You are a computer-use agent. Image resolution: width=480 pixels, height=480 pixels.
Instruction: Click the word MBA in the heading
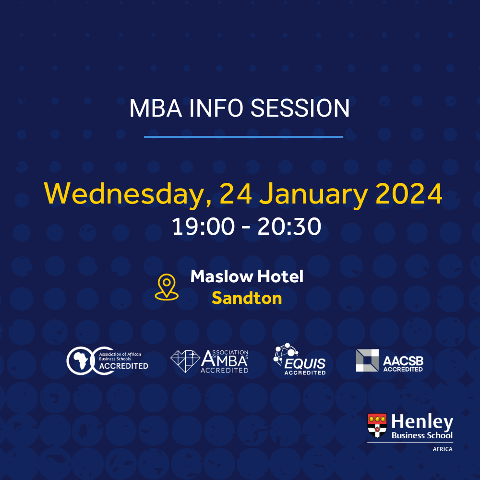[155, 108]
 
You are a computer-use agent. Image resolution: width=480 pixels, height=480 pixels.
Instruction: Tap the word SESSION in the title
[301, 108]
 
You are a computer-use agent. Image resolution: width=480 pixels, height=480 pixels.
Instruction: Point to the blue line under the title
[243, 137]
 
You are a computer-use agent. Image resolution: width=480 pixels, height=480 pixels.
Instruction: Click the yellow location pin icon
[167, 288]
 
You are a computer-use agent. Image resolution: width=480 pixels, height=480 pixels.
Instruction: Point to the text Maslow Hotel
[247, 276]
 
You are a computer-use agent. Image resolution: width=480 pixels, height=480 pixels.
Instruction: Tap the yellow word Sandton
[247, 299]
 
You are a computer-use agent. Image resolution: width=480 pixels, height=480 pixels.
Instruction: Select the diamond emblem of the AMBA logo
[185, 360]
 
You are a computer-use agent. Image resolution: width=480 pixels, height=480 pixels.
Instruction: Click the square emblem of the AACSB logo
[367, 360]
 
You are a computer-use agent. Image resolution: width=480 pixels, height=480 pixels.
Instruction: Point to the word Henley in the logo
[422, 422]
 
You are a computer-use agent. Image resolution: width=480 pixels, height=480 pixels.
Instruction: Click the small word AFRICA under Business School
[442, 449]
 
